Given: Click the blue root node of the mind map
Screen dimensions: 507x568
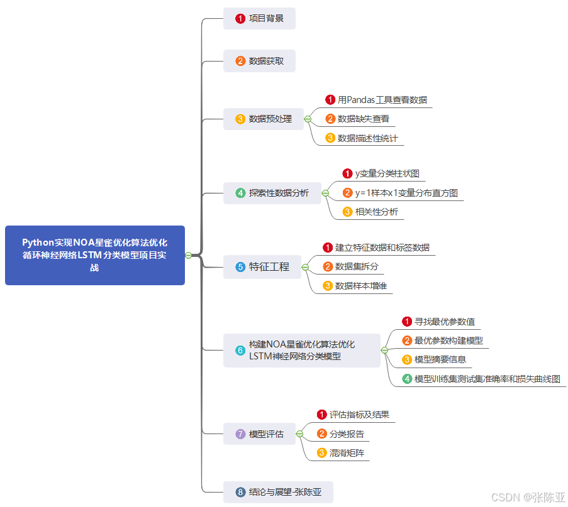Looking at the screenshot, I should [95, 255].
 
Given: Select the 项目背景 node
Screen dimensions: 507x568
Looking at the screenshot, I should [259, 19].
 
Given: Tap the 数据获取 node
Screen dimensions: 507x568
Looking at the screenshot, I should [259, 62].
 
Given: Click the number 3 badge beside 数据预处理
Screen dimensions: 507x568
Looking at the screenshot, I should [240, 119].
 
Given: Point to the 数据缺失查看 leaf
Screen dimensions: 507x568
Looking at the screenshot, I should [363, 119].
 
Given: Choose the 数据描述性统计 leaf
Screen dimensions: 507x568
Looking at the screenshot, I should [367, 138].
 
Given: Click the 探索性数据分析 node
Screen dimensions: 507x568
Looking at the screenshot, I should [272, 193].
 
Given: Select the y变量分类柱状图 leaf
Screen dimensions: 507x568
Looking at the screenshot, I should [387, 174].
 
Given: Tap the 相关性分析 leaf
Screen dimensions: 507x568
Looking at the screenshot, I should [376, 212].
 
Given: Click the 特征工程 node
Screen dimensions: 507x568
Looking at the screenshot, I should [262, 267].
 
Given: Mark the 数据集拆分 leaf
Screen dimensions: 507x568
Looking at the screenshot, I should [357, 267].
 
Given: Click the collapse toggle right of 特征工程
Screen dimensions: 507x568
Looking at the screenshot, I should [305, 267].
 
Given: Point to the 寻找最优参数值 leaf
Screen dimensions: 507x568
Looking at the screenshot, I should [444, 322].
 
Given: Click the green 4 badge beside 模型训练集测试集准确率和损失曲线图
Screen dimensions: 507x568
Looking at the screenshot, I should [407, 379].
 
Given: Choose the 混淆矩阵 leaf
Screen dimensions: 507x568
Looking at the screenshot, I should [347, 453].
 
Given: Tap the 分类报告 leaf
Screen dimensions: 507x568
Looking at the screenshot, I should [347, 434].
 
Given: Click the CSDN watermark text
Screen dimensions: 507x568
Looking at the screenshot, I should [528, 498].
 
